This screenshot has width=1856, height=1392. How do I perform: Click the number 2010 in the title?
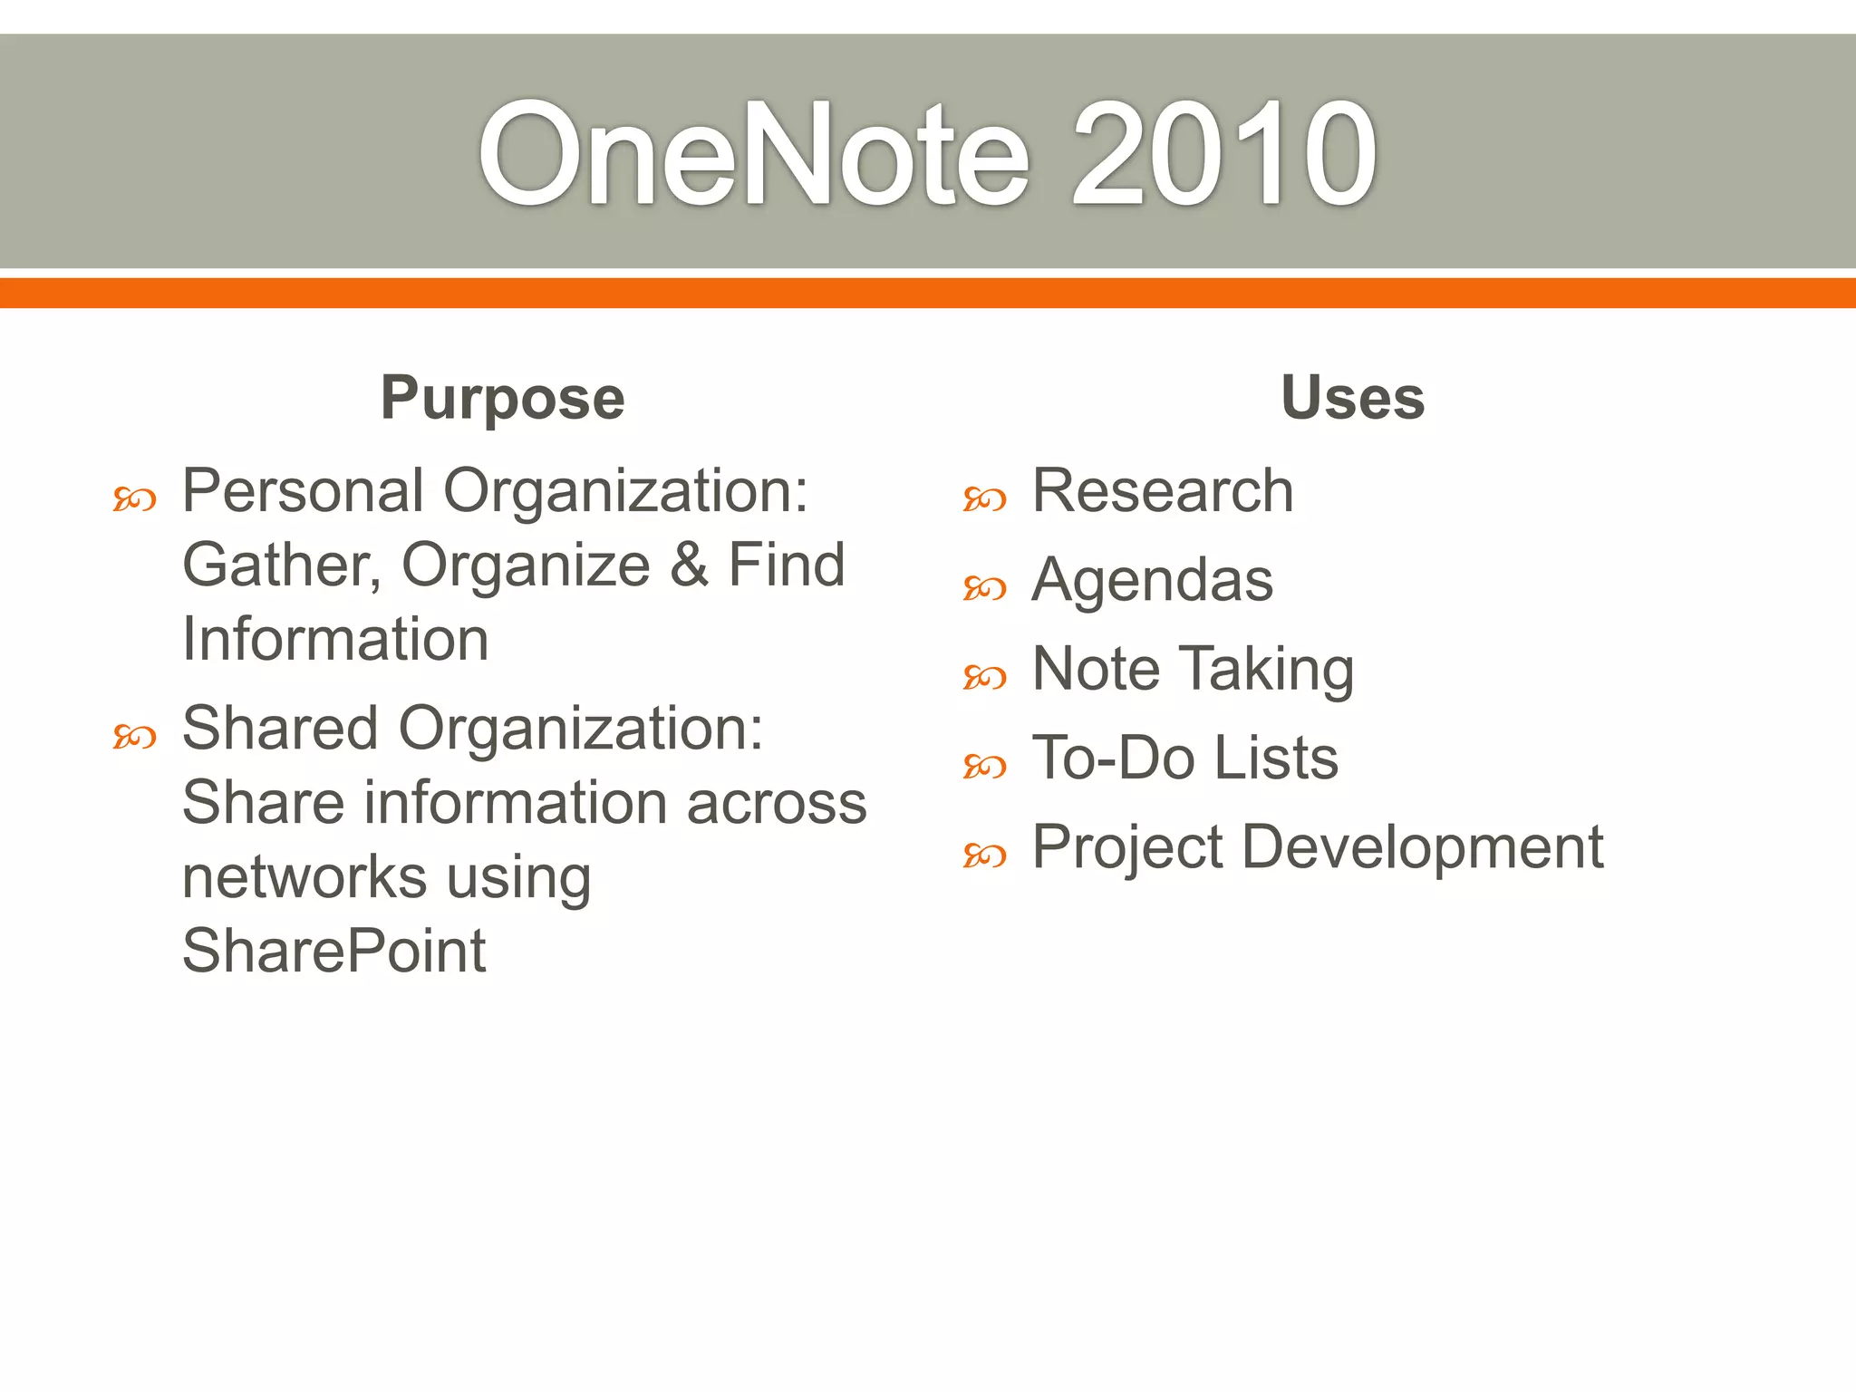coord(1223,154)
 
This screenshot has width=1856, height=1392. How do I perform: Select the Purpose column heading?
coord(503,398)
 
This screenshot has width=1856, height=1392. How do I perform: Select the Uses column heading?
coord(1352,398)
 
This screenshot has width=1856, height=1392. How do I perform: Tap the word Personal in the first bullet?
coord(304,492)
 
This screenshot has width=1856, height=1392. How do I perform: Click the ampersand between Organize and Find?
coord(690,565)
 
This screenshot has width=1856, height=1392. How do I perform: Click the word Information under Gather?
coord(335,640)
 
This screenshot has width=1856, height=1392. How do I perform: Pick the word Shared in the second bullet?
coord(280,729)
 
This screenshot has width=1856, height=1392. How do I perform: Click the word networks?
coord(304,877)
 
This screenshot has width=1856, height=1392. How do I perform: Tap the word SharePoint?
coord(334,952)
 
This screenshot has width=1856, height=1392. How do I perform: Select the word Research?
coord(1163,491)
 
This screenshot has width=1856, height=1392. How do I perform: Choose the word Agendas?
coord(1153,580)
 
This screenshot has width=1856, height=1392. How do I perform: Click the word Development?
coord(1423,848)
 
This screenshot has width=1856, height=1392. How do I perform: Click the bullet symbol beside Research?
coord(985,499)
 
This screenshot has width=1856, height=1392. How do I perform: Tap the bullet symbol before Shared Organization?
coord(135,737)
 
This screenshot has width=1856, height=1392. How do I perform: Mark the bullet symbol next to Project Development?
coord(985,855)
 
